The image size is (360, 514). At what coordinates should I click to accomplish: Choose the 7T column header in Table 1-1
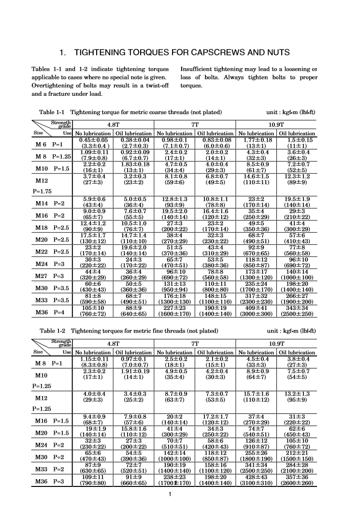pyautogui.click(x=195, y=124)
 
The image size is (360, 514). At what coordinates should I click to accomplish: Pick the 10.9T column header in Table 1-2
pyautogui.click(x=276, y=343)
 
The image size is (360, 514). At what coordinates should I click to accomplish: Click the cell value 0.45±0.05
pyautogui.click(x=93, y=141)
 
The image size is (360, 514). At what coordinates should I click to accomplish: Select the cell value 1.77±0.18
pyautogui.click(x=257, y=141)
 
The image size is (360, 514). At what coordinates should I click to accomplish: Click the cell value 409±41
pyautogui.click(x=257, y=309)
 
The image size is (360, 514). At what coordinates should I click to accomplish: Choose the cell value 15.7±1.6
pyautogui.click(x=257, y=394)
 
